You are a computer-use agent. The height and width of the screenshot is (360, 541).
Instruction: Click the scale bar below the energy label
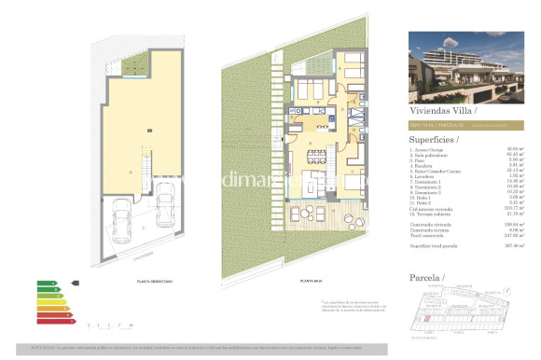pyautogui.click(x=110, y=323)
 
